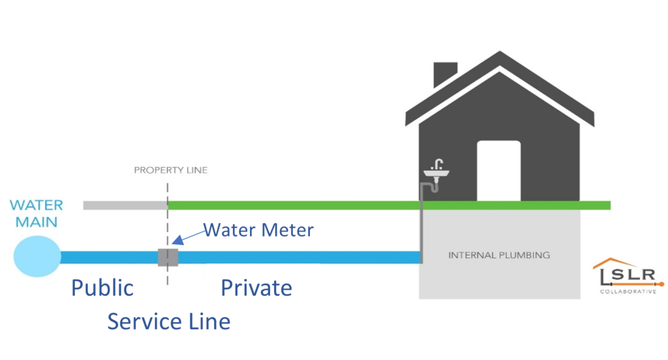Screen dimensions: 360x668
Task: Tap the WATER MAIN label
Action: coord(37,213)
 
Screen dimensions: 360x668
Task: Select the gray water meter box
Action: coord(168,257)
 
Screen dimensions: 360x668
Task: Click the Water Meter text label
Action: coord(258,230)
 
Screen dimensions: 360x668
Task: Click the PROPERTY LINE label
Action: coord(171,170)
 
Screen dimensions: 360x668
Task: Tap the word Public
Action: coord(102,288)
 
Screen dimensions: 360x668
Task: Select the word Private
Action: coord(256,288)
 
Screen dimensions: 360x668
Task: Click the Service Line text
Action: coord(168,321)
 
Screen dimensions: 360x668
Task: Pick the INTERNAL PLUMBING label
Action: coord(499,254)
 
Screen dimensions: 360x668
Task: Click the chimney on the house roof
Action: coord(445,74)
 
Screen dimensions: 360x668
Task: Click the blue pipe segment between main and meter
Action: coord(108,257)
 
